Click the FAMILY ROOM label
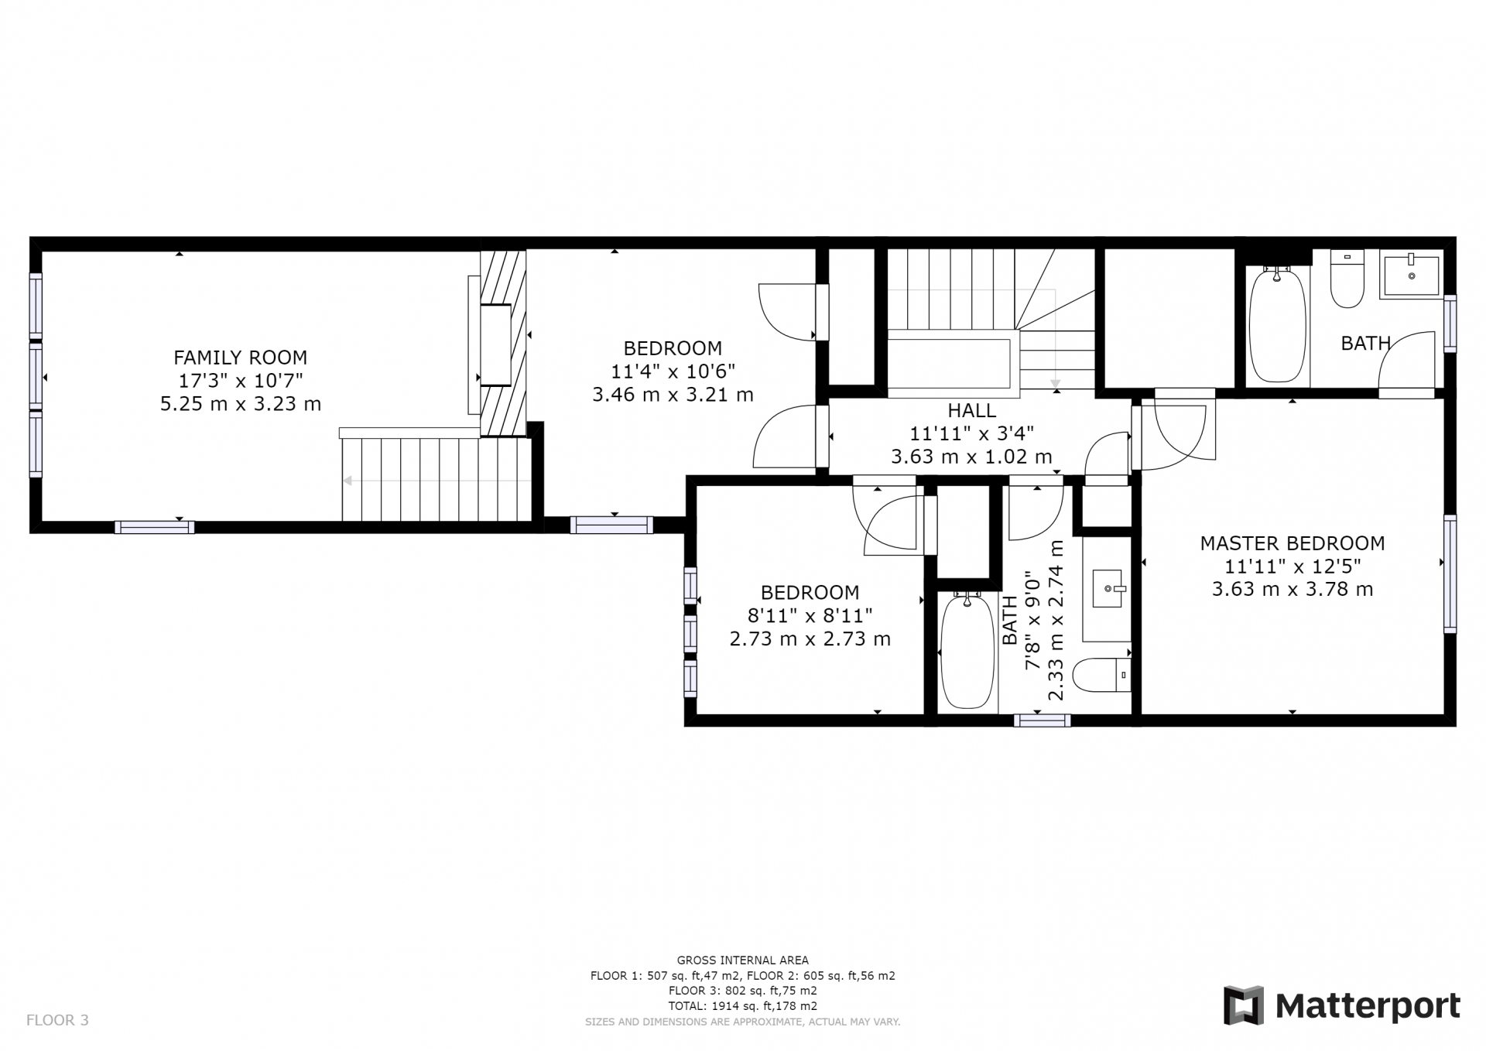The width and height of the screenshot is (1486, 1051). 240,358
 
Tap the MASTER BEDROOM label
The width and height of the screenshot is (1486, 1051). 1292,543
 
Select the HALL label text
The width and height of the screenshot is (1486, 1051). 971,411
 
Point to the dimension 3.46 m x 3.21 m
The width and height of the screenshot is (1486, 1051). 673,395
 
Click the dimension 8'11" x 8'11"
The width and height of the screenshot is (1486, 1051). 810,616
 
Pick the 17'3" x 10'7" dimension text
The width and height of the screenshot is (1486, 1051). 240,381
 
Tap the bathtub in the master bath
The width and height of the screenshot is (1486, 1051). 1277,325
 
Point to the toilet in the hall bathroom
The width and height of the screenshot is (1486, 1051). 1104,675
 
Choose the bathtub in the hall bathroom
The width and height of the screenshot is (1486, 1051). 967,652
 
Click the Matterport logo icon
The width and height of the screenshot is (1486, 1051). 1243,1005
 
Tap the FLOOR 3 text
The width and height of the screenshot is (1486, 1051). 57,1020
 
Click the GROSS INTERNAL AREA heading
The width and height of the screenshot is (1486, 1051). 742,960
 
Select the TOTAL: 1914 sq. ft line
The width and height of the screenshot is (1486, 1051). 742,1006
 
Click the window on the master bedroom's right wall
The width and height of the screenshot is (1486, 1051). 1450,573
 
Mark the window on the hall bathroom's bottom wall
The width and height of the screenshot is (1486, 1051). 1042,721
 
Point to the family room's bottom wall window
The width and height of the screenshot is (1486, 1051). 155,528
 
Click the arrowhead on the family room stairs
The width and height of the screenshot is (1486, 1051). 348,481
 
